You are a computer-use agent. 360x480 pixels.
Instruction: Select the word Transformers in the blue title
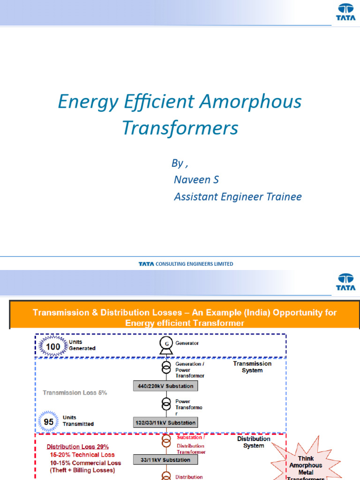[180, 127]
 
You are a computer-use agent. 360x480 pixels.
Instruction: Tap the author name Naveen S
[196, 180]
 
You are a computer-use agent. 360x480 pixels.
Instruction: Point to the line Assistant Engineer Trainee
[238, 197]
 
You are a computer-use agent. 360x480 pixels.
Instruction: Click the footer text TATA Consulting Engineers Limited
[186, 264]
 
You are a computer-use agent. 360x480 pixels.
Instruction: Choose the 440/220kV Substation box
[165, 386]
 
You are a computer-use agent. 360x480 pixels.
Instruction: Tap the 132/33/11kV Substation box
[165, 423]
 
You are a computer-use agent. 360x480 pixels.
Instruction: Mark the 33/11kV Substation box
[165, 460]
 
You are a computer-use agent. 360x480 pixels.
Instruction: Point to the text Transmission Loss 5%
[75, 393]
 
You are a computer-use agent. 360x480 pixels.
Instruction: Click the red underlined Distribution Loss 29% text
[78, 447]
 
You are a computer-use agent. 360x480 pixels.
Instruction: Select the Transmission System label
[252, 367]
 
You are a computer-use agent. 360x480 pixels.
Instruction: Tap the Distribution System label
[254, 442]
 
